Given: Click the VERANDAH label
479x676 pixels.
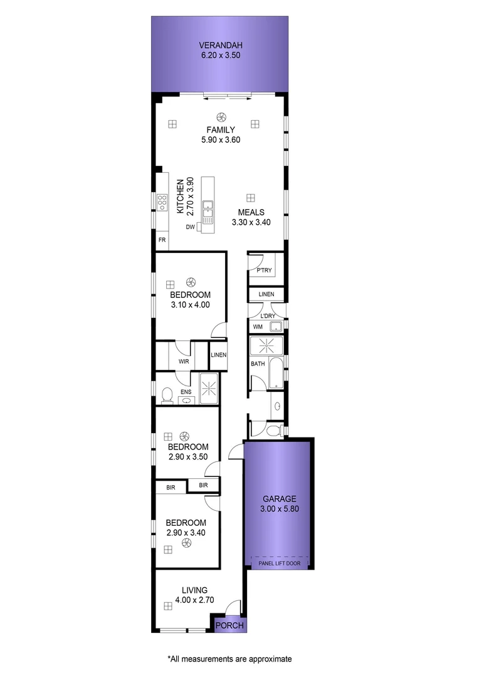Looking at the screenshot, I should click(220, 45).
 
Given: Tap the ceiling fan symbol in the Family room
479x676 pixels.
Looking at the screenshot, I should click(221, 116).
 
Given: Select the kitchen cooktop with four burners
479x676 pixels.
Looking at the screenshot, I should click(162, 202).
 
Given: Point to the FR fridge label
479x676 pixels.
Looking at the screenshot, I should click(162, 240).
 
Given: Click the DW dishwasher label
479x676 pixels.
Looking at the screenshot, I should click(190, 227).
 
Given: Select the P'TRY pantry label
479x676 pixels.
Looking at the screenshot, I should click(264, 270).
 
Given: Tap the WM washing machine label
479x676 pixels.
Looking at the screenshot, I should click(258, 327).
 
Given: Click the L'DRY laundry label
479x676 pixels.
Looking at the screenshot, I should click(268, 316).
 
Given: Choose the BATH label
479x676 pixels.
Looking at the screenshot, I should click(258, 364).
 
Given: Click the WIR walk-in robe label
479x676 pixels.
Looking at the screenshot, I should click(184, 362).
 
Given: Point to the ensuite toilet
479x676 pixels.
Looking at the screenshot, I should click(167, 395).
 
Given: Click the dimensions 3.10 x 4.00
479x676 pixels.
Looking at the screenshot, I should click(189, 305).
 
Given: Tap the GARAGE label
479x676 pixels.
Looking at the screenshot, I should click(279, 499).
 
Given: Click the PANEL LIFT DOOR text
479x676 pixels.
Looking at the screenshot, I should click(279, 563).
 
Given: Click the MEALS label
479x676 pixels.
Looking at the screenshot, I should click(251, 212).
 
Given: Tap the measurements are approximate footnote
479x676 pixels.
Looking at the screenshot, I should click(229, 659).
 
